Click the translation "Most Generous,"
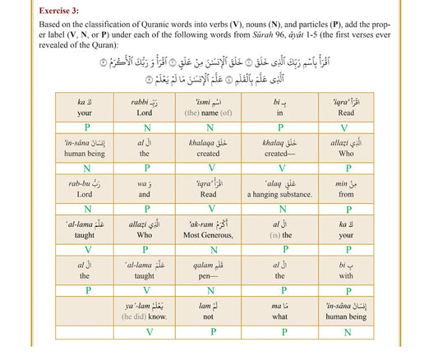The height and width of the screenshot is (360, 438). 210,234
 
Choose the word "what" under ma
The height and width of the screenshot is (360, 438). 281,316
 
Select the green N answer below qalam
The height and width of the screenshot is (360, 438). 210,290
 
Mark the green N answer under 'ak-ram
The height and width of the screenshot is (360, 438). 210,249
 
